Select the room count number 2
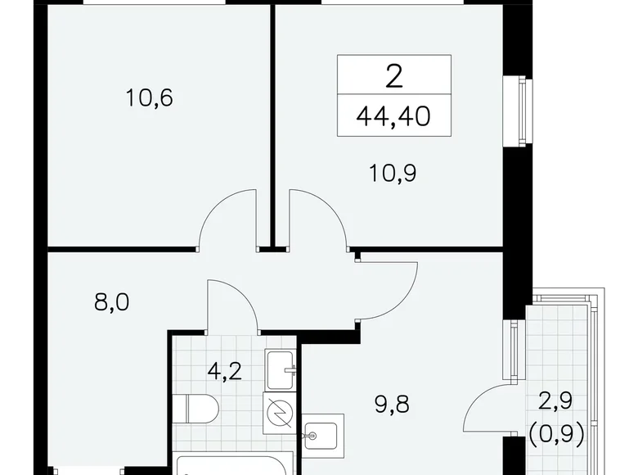[393, 77]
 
